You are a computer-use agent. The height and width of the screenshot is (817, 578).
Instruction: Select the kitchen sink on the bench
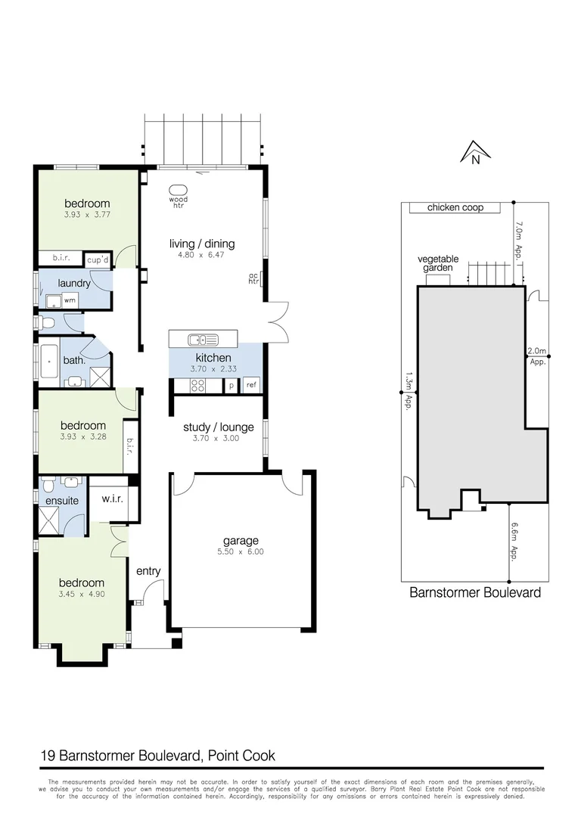pos(204,339)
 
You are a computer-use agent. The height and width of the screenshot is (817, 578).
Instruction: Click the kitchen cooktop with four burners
pos(198,385)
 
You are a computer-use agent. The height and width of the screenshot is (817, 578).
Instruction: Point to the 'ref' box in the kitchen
pos(251,385)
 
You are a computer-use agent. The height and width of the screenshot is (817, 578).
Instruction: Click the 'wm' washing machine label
pos(70,300)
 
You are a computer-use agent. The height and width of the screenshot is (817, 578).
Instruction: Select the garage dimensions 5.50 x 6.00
pos(241,551)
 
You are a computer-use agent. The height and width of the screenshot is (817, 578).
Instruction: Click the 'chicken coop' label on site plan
pos(455,207)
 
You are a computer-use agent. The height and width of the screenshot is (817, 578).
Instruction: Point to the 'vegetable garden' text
pos(438,263)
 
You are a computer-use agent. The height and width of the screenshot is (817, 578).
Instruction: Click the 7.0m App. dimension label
pos(520,240)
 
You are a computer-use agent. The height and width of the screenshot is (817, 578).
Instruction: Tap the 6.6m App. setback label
pos(514,540)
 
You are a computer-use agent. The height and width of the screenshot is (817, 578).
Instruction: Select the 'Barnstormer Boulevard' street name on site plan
pos(474,593)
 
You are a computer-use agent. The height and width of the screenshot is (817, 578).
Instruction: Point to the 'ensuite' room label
pos(62,500)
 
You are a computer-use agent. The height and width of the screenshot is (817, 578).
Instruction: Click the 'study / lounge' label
pos(218,427)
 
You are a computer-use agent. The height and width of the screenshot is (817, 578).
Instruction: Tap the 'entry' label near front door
pos(148,571)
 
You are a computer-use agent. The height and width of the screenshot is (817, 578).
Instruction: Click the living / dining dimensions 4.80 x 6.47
pos(202,256)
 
